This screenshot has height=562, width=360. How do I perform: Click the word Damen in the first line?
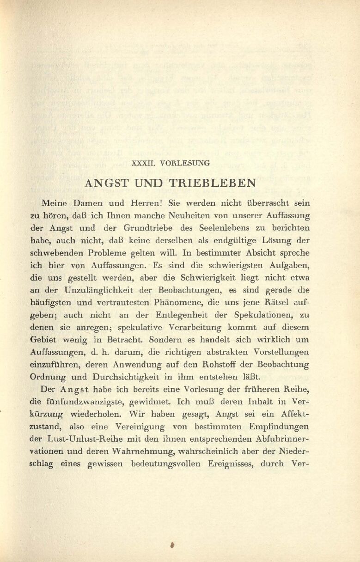tap(86, 203)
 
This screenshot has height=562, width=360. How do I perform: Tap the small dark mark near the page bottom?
tap(171, 545)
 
